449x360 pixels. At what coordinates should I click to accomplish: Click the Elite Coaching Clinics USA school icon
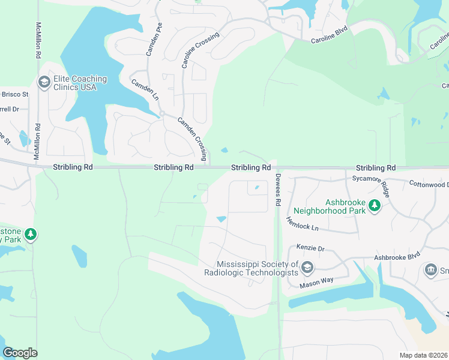tap(44, 82)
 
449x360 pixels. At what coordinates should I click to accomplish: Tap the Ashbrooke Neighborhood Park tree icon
tap(375, 206)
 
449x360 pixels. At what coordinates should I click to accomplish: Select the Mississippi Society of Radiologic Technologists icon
tap(307, 267)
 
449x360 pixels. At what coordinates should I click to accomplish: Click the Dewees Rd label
tap(278, 190)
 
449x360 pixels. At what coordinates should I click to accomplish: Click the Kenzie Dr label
tap(311, 248)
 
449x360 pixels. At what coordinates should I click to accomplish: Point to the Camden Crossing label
tap(193, 139)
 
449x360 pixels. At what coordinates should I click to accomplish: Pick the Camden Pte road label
tap(154, 40)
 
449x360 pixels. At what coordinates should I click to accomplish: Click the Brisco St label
tap(14, 94)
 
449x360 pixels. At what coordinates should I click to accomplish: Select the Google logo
tap(20, 352)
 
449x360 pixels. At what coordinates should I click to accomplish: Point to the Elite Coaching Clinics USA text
tap(80, 83)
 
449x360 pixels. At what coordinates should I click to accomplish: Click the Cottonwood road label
tap(428, 184)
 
